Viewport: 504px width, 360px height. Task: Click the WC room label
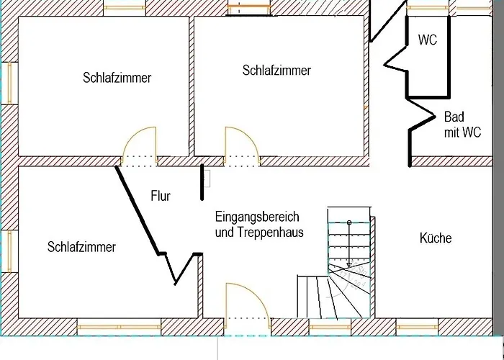pos(428,40)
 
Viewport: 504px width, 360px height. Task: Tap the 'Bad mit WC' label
pos(462,125)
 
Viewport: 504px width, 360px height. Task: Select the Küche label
pos(436,238)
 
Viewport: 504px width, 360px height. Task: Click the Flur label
pos(161,196)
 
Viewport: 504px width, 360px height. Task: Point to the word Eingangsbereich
pos(257,217)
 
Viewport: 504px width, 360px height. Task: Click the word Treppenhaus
pos(271,232)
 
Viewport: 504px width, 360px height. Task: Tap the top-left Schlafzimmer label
pos(117,78)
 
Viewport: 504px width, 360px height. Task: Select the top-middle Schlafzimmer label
pos(276,71)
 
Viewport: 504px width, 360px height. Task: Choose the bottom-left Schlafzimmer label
pos(81,247)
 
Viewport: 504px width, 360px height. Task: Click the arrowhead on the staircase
pos(349,265)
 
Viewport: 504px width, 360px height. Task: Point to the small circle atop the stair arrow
pos(349,222)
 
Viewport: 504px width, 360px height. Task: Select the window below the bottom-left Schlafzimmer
pos(119,327)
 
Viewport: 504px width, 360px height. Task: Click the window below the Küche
pos(417,327)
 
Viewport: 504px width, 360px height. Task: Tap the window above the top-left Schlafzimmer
pos(125,7)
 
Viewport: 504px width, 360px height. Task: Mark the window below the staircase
pos(330,327)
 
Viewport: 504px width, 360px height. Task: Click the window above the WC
pos(428,7)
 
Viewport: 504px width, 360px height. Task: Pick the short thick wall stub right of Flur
pos(202,182)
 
